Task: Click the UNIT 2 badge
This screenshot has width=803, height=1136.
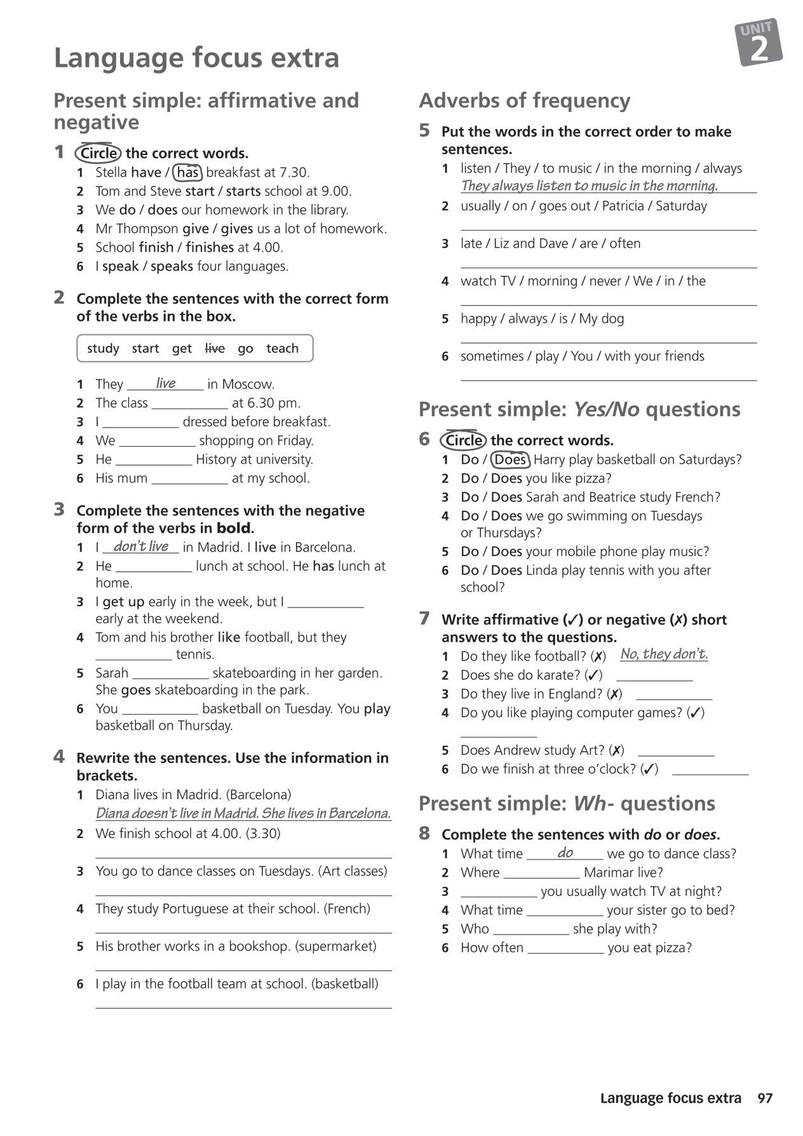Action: point(759,43)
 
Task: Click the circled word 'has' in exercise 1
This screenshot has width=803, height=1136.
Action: point(187,172)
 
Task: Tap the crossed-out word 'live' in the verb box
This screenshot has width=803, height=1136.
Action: point(215,348)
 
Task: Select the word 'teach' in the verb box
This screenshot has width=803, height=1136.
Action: point(282,348)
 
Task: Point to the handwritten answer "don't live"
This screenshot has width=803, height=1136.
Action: point(141,546)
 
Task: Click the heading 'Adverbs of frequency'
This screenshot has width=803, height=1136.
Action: point(525,100)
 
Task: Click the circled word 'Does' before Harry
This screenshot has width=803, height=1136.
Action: point(510,459)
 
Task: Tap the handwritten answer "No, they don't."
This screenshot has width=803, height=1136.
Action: point(664,654)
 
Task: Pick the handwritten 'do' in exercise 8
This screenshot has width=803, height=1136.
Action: point(565,853)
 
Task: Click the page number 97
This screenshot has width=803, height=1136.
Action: point(765,1098)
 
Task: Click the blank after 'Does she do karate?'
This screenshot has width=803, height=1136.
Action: point(654,676)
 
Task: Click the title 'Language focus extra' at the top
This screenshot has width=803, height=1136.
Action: point(196,57)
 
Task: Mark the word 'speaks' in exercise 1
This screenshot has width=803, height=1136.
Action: point(172,266)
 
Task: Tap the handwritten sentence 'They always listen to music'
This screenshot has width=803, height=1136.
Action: point(589,186)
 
